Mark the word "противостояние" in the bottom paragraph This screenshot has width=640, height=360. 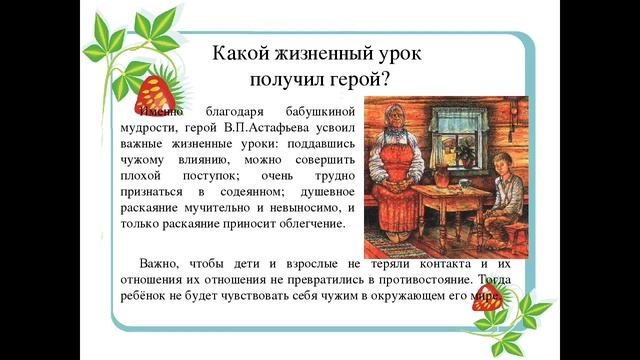pos(419,279)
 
